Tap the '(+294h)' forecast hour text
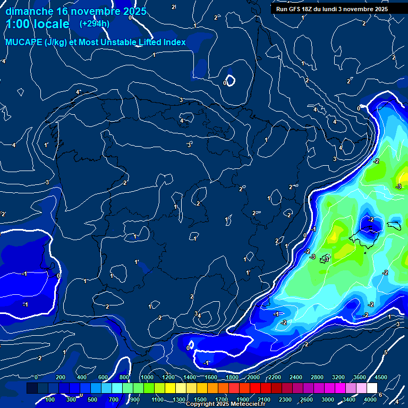(95, 24)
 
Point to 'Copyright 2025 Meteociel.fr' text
(226, 404)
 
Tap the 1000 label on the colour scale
(147, 377)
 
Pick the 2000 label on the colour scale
(253, 377)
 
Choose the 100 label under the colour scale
(50, 399)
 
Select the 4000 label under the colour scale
(370, 399)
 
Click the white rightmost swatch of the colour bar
(372, 388)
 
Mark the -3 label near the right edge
(398, 186)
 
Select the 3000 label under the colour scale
(328, 399)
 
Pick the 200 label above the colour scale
(61, 377)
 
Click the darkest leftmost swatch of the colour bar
(32, 388)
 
